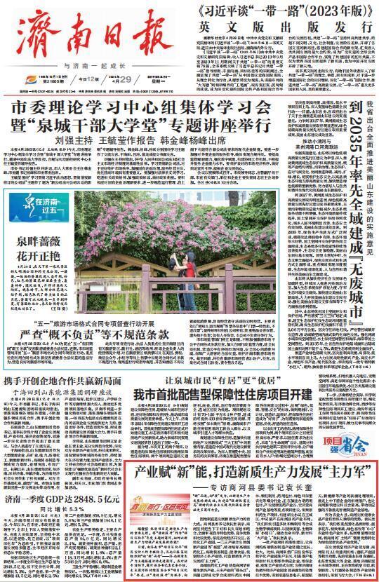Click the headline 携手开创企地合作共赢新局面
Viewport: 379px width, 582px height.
click(63, 384)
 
